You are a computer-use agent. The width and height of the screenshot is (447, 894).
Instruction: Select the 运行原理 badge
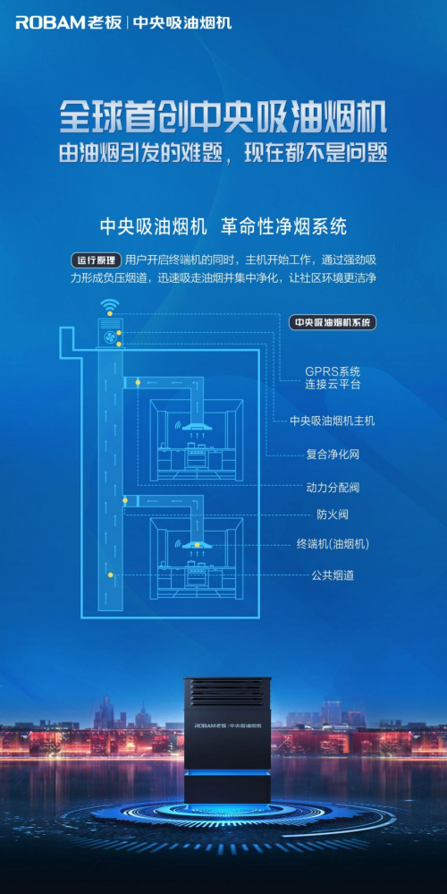point(97,260)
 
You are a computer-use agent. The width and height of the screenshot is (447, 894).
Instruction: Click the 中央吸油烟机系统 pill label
point(333,322)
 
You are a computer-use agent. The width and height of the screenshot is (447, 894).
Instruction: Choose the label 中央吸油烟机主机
point(332,421)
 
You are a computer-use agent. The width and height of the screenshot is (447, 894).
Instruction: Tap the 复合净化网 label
point(332,455)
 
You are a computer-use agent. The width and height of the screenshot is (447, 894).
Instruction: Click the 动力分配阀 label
point(332,488)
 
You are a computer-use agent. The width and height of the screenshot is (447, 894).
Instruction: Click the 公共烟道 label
point(332,575)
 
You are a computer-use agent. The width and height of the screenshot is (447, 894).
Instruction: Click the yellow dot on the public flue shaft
point(110,574)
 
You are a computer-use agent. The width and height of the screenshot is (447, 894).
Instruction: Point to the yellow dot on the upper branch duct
point(138,382)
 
